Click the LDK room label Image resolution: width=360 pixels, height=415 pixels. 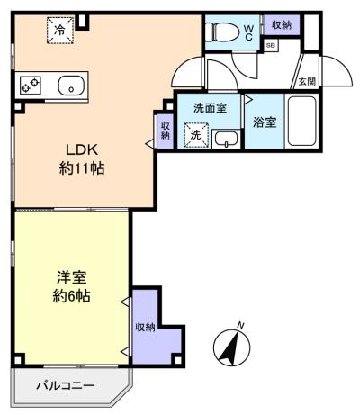[82, 149]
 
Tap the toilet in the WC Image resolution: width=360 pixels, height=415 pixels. [222, 31]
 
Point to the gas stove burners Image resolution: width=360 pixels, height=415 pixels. [31, 86]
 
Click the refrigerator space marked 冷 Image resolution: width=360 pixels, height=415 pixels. [60, 31]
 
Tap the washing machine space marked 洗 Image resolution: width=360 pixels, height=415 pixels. [196, 135]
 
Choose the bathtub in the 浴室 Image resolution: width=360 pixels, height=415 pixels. [301, 121]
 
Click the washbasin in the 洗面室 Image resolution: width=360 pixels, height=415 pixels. [227, 140]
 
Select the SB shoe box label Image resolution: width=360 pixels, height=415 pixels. [271, 46]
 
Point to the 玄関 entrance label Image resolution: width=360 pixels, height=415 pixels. [307, 81]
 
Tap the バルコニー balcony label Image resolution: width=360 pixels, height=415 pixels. [66, 385]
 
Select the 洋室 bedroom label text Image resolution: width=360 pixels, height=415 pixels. [72, 277]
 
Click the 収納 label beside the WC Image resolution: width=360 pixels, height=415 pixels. [282, 25]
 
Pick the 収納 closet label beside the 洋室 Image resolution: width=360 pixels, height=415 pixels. [145, 327]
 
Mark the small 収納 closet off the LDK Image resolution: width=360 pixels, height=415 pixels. [166, 131]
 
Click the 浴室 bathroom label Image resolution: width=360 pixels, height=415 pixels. [265, 122]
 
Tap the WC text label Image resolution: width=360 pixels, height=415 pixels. [248, 32]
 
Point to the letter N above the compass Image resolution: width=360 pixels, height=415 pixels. [240, 325]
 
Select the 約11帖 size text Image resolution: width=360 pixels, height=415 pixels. [82, 168]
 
